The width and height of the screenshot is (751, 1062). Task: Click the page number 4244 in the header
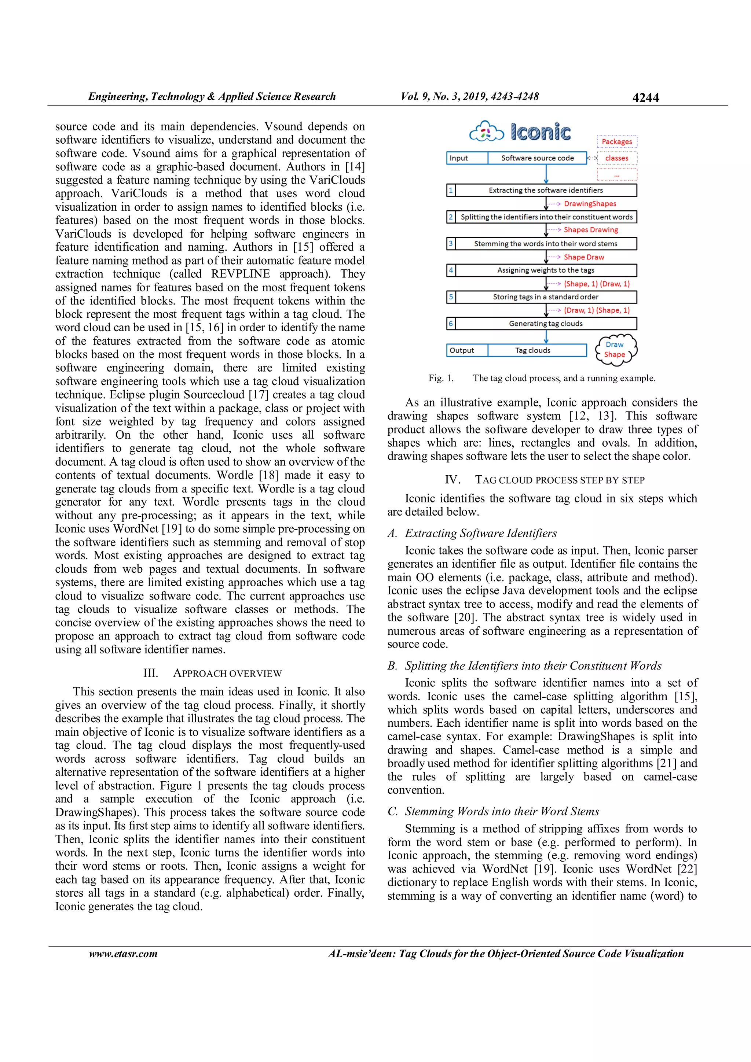pyautogui.click(x=645, y=97)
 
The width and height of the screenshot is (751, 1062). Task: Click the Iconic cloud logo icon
pyautogui.click(x=486, y=132)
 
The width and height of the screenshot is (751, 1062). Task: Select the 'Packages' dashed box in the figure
pyautogui.click(x=617, y=141)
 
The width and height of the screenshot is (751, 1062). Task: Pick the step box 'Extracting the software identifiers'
pyautogui.click(x=546, y=190)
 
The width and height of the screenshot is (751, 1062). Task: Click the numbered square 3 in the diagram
pyautogui.click(x=451, y=243)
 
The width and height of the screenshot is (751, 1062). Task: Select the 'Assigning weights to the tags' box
pyautogui.click(x=546, y=270)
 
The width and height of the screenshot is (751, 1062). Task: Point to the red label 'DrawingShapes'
pyautogui.click(x=590, y=203)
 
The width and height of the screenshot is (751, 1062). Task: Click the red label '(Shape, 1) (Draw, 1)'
pyautogui.click(x=597, y=284)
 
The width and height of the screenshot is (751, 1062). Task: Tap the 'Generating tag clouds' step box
pyautogui.click(x=546, y=323)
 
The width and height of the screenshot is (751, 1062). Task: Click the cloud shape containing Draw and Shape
pyautogui.click(x=615, y=350)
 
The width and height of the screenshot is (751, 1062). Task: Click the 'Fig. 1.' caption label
pyautogui.click(x=440, y=378)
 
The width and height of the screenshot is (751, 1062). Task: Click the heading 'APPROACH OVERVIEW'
pyautogui.click(x=227, y=674)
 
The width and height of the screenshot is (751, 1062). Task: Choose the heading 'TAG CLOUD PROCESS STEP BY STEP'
pyautogui.click(x=560, y=480)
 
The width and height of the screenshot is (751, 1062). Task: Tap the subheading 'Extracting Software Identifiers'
pyautogui.click(x=481, y=533)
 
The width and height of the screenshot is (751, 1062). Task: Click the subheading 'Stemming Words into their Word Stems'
pyautogui.click(x=502, y=811)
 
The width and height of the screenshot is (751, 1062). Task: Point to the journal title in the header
pyautogui.click(x=212, y=97)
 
